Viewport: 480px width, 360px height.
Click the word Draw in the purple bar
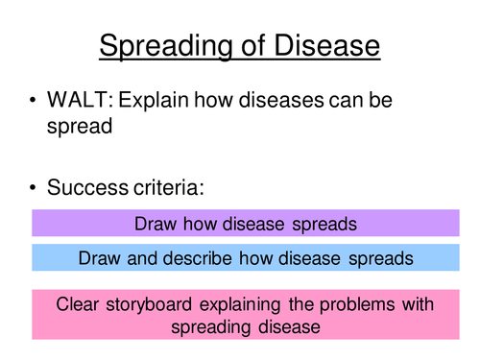pos(155,224)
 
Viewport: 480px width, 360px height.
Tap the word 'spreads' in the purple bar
pos(323,224)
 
